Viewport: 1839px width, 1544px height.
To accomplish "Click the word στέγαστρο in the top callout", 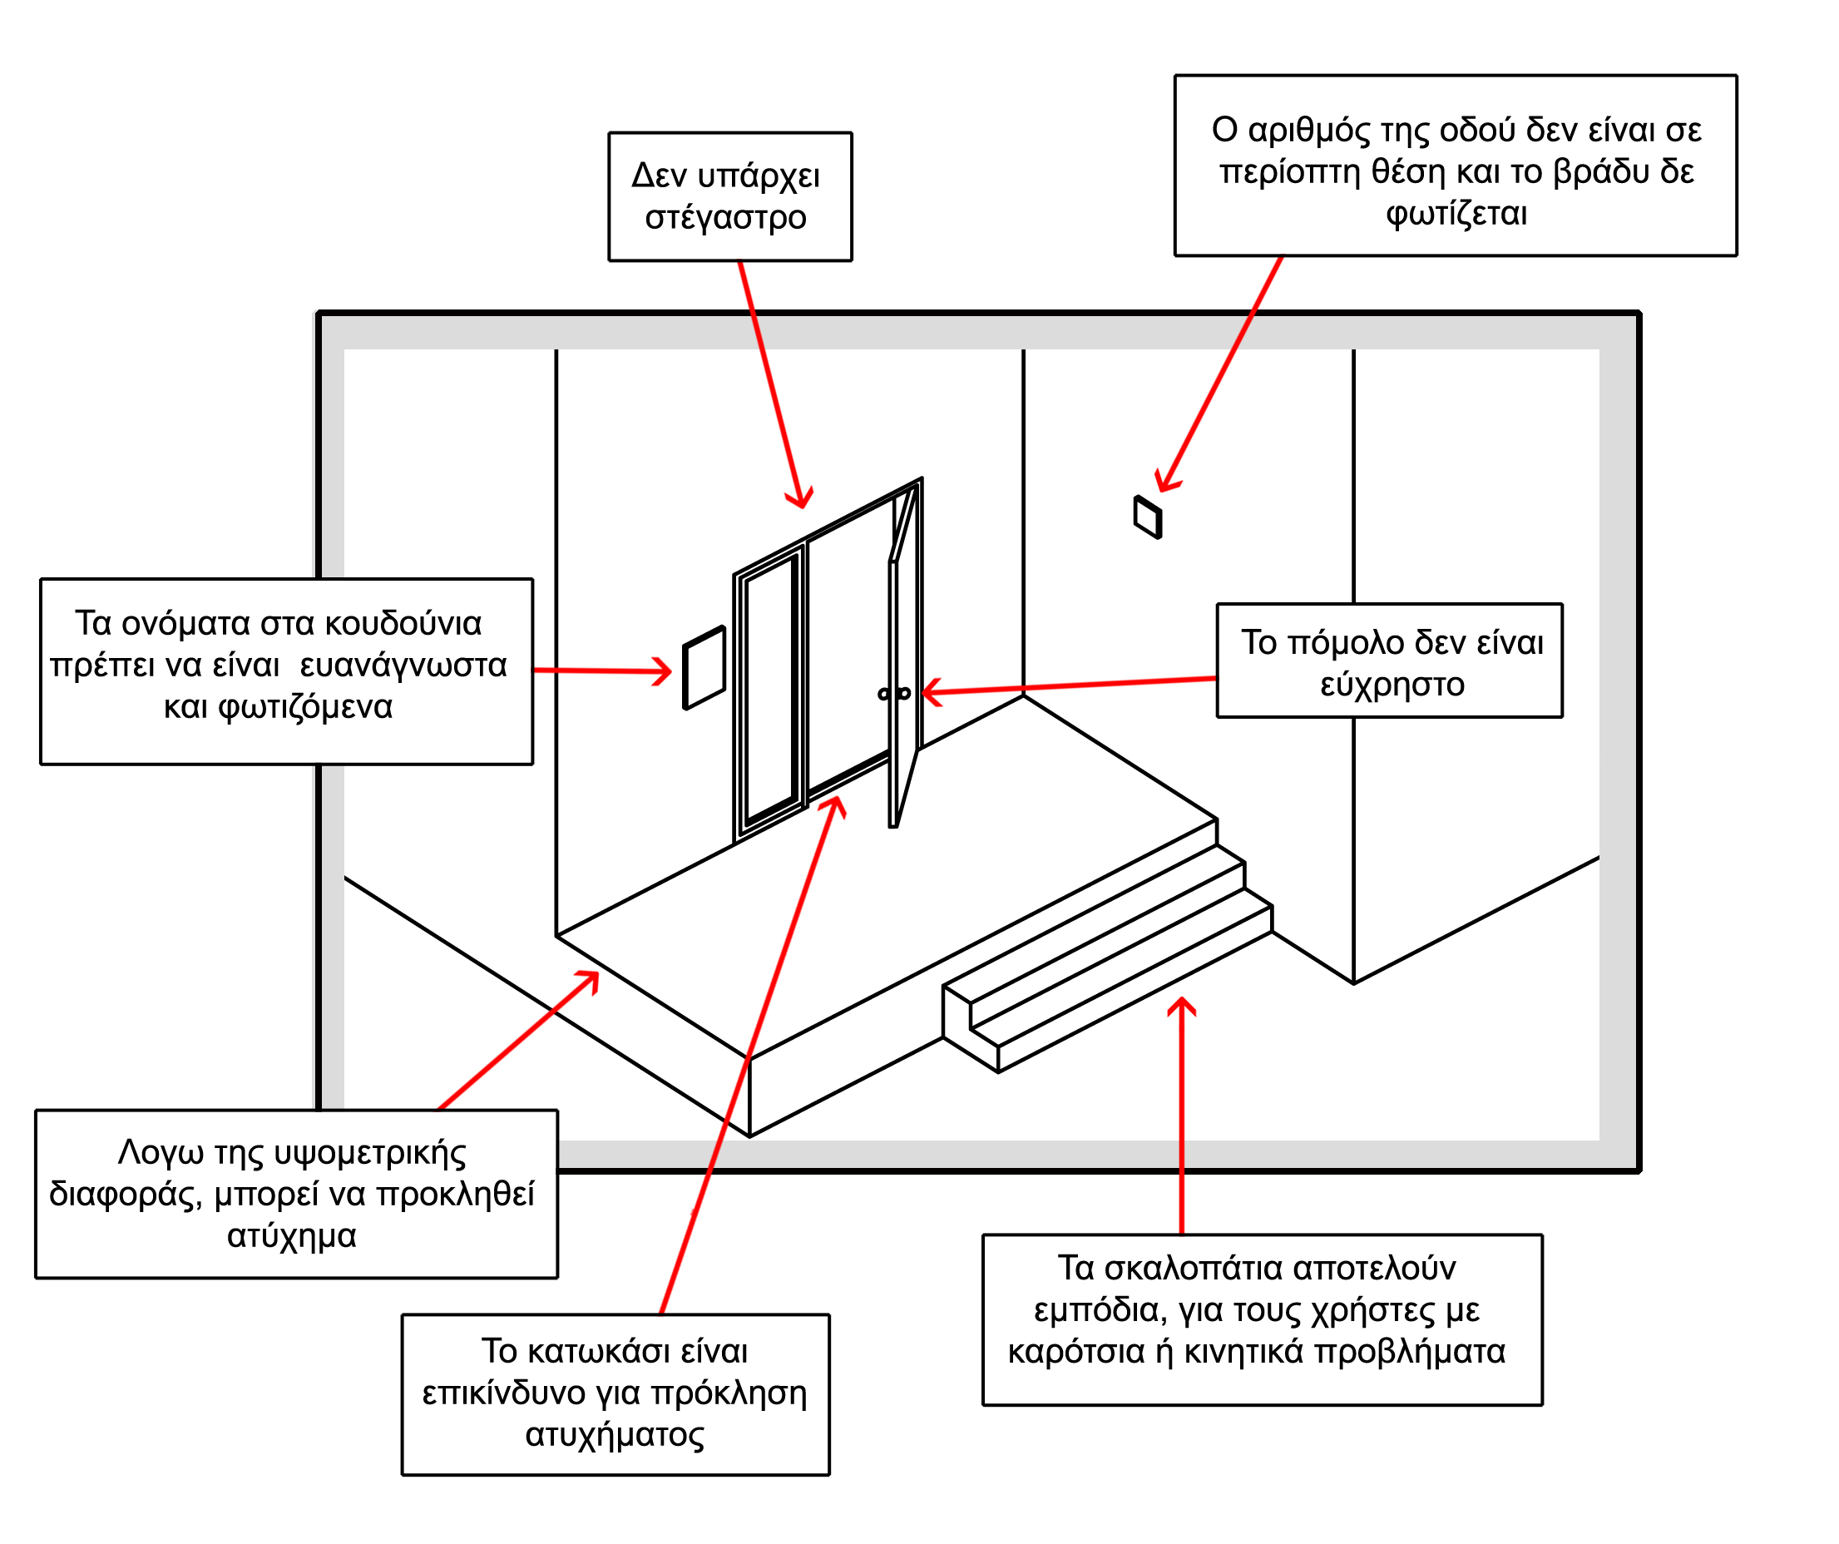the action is [x=726, y=218].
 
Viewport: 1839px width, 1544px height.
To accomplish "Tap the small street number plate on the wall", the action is [x=1147, y=517].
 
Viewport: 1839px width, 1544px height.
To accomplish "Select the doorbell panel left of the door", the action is [x=704, y=667].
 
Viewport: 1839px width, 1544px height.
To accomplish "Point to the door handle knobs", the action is [x=894, y=694].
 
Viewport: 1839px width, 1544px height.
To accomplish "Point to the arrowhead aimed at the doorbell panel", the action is [x=662, y=671].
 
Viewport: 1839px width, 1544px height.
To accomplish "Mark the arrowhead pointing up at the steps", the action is [x=1181, y=1007].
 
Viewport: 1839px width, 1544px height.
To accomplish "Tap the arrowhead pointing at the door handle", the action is [x=931, y=692].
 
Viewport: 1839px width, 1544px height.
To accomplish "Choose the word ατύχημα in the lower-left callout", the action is [x=292, y=1235].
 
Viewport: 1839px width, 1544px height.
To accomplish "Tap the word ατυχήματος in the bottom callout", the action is [x=615, y=1434].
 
